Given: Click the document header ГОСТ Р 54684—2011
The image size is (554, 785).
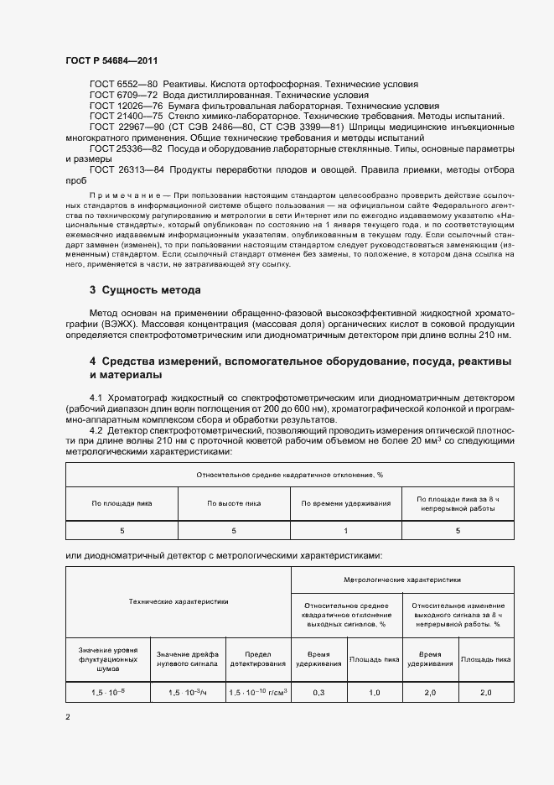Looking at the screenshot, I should tap(111, 61).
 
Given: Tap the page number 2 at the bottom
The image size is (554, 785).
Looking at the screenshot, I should tap(68, 716).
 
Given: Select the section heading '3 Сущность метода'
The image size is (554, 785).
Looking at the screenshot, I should tap(144, 290).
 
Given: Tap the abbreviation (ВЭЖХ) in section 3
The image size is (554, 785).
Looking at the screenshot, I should tap(114, 324).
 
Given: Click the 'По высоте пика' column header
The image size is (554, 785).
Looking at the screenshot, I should tap(234, 503).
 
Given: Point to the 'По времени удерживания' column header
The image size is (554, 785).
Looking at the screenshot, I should tap(346, 503).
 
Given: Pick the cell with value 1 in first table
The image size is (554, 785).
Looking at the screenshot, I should tap(346, 530).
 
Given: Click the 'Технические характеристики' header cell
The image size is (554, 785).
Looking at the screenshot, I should tap(179, 601).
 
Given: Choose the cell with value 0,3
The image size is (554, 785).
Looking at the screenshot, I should tap(318, 693).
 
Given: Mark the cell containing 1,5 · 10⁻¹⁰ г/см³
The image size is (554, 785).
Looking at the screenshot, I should tap(257, 693).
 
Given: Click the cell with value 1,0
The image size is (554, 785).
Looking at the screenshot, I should tap(374, 693).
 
